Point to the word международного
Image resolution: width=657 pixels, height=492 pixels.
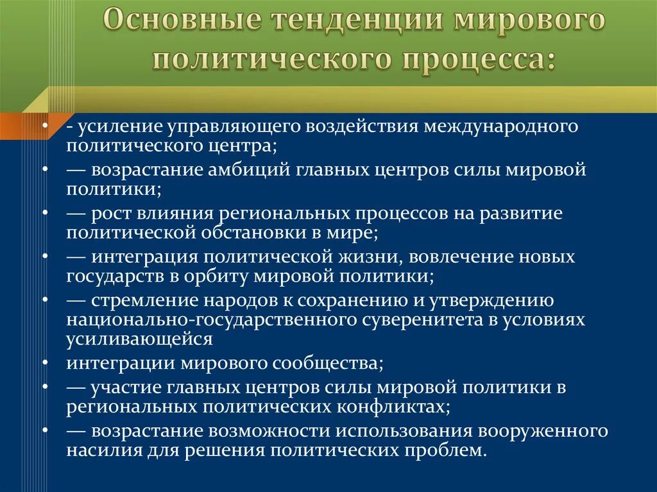coord(500,126)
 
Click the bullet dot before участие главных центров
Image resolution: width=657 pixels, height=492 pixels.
coord(47,387)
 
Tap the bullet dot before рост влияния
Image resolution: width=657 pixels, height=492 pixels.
coord(47,213)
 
